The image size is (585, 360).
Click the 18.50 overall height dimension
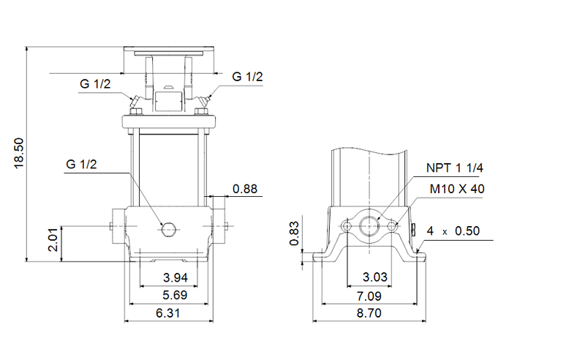(x=20, y=153)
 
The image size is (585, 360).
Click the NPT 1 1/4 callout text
(x=455, y=168)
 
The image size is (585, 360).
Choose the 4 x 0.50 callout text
(x=453, y=231)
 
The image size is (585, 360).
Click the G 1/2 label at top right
(x=247, y=77)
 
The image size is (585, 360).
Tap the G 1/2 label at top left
(x=95, y=84)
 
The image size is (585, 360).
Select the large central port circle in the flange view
(x=369, y=225)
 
